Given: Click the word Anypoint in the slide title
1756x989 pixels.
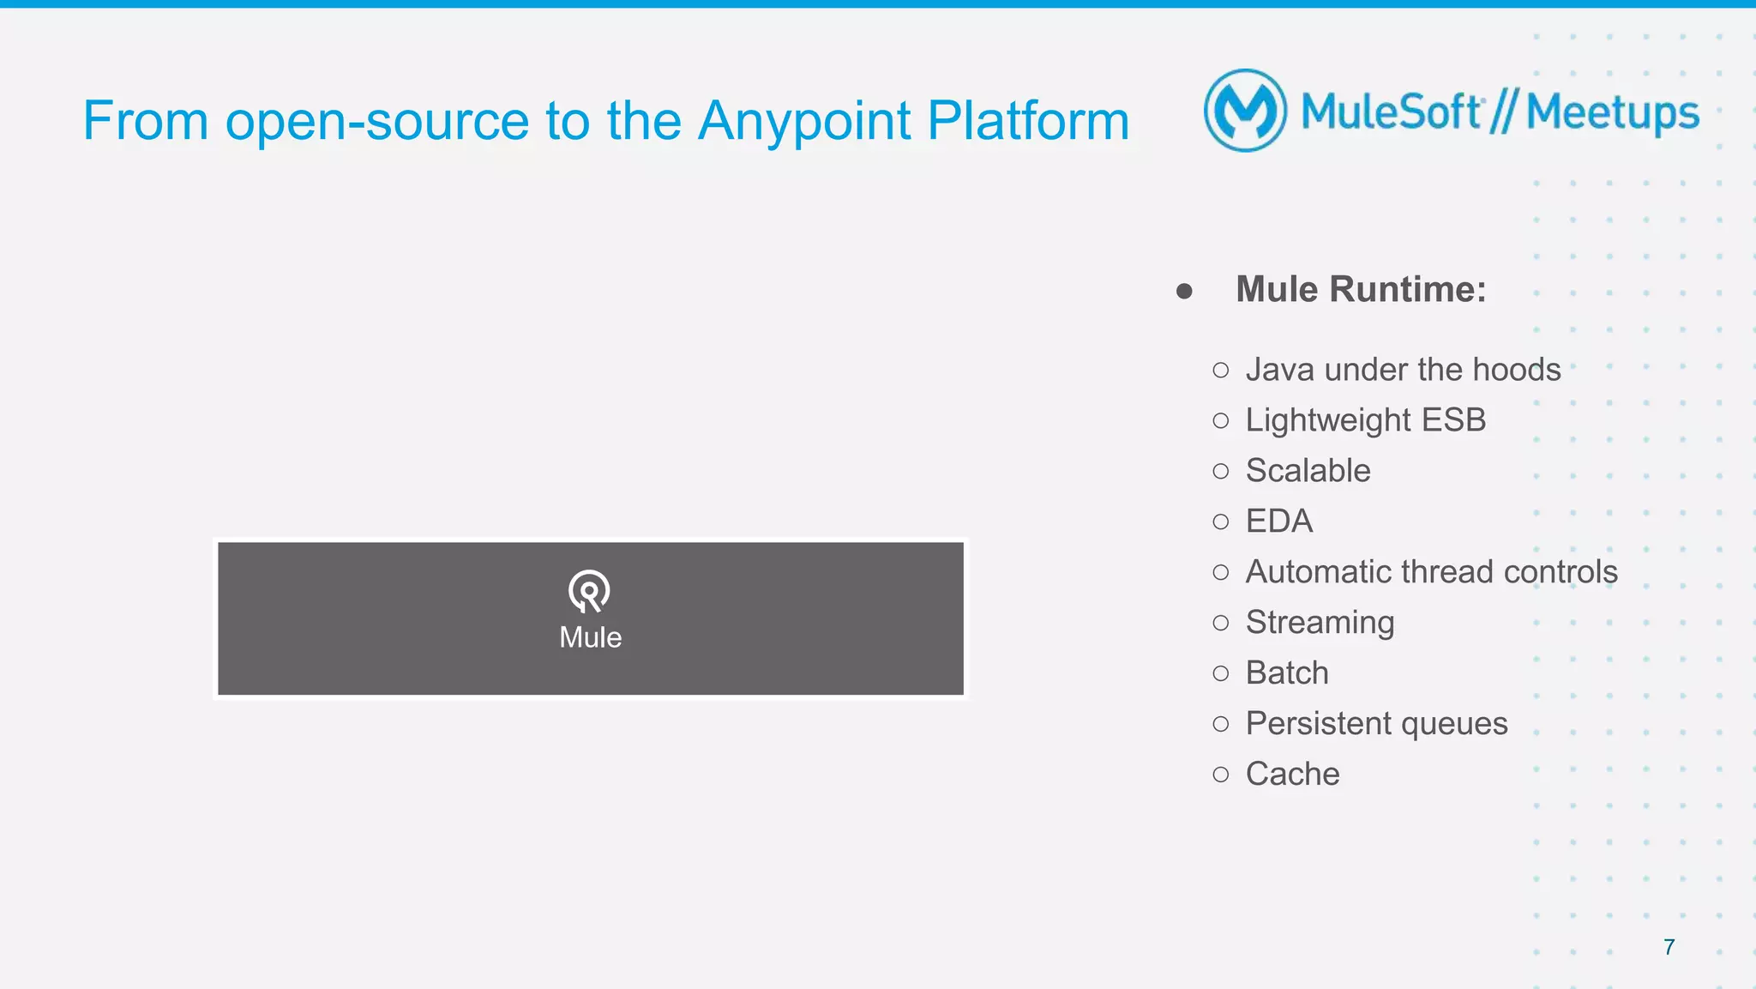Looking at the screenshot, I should click(803, 121).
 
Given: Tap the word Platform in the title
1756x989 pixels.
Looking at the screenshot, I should click(1028, 121).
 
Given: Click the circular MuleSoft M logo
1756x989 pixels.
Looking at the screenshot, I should click(1245, 111).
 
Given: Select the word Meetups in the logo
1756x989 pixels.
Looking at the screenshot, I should click(1612, 112).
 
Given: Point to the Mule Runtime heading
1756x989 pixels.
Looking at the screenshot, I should click(1361, 289).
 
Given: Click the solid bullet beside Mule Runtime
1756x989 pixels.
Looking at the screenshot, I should click(1184, 292).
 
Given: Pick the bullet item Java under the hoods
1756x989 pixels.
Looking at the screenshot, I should click(1403, 370).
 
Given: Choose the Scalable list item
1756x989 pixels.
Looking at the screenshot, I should click(1308, 471).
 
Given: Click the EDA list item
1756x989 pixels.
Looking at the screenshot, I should click(1278, 522).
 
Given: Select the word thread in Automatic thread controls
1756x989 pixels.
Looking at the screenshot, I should click(1445, 572).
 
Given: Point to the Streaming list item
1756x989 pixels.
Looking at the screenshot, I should click(1320, 623).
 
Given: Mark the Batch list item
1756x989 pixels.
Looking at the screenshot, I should click(1287, 673).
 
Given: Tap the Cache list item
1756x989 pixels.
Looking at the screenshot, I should click(1292, 775).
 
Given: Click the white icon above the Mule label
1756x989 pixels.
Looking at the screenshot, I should click(589, 591).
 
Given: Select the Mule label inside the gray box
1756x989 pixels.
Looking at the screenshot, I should click(590, 637).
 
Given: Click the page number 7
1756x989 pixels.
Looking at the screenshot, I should click(1669, 947).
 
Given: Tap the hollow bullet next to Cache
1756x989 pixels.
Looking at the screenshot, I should click(1221, 775).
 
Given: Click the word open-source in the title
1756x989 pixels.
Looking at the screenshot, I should click(377, 121).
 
